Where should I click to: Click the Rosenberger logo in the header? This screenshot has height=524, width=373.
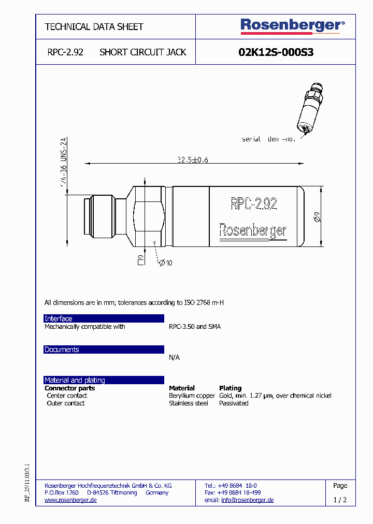click(292, 25)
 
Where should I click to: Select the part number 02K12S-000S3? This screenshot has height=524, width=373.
click(276, 52)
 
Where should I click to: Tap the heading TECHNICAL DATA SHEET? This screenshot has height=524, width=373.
click(94, 26)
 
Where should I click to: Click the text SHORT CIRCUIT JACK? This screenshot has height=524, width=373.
click(142, 52)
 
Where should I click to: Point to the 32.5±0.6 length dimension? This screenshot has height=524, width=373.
click(192, 161)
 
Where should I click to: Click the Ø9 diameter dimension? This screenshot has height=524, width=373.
click(318, 218)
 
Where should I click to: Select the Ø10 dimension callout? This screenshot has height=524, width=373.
click(165, 263)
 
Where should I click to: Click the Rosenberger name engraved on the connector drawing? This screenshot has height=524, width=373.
click(252, 230)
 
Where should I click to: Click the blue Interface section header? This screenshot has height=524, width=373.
click(104, 318)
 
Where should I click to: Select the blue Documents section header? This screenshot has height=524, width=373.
click(104, 350)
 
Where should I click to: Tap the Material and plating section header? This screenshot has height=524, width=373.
click(104, 380)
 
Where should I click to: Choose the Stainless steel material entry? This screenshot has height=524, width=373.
click(188, 403)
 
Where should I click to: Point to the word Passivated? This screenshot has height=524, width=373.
click(234, 403)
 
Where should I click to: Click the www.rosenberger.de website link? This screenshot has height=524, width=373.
click(70, 500)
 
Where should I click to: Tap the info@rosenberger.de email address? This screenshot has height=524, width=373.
click(247, 500)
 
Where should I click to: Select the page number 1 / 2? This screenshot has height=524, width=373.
click(340, 500)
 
